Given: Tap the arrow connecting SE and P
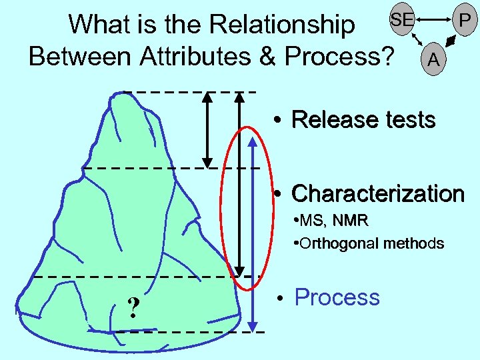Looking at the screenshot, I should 433,19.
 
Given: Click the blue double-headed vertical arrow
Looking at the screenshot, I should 252,233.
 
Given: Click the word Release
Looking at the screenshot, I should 326,120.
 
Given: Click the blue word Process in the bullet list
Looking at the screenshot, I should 337,297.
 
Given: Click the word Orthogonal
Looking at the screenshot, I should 335,243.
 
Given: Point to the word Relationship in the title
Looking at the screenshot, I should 283,25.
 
